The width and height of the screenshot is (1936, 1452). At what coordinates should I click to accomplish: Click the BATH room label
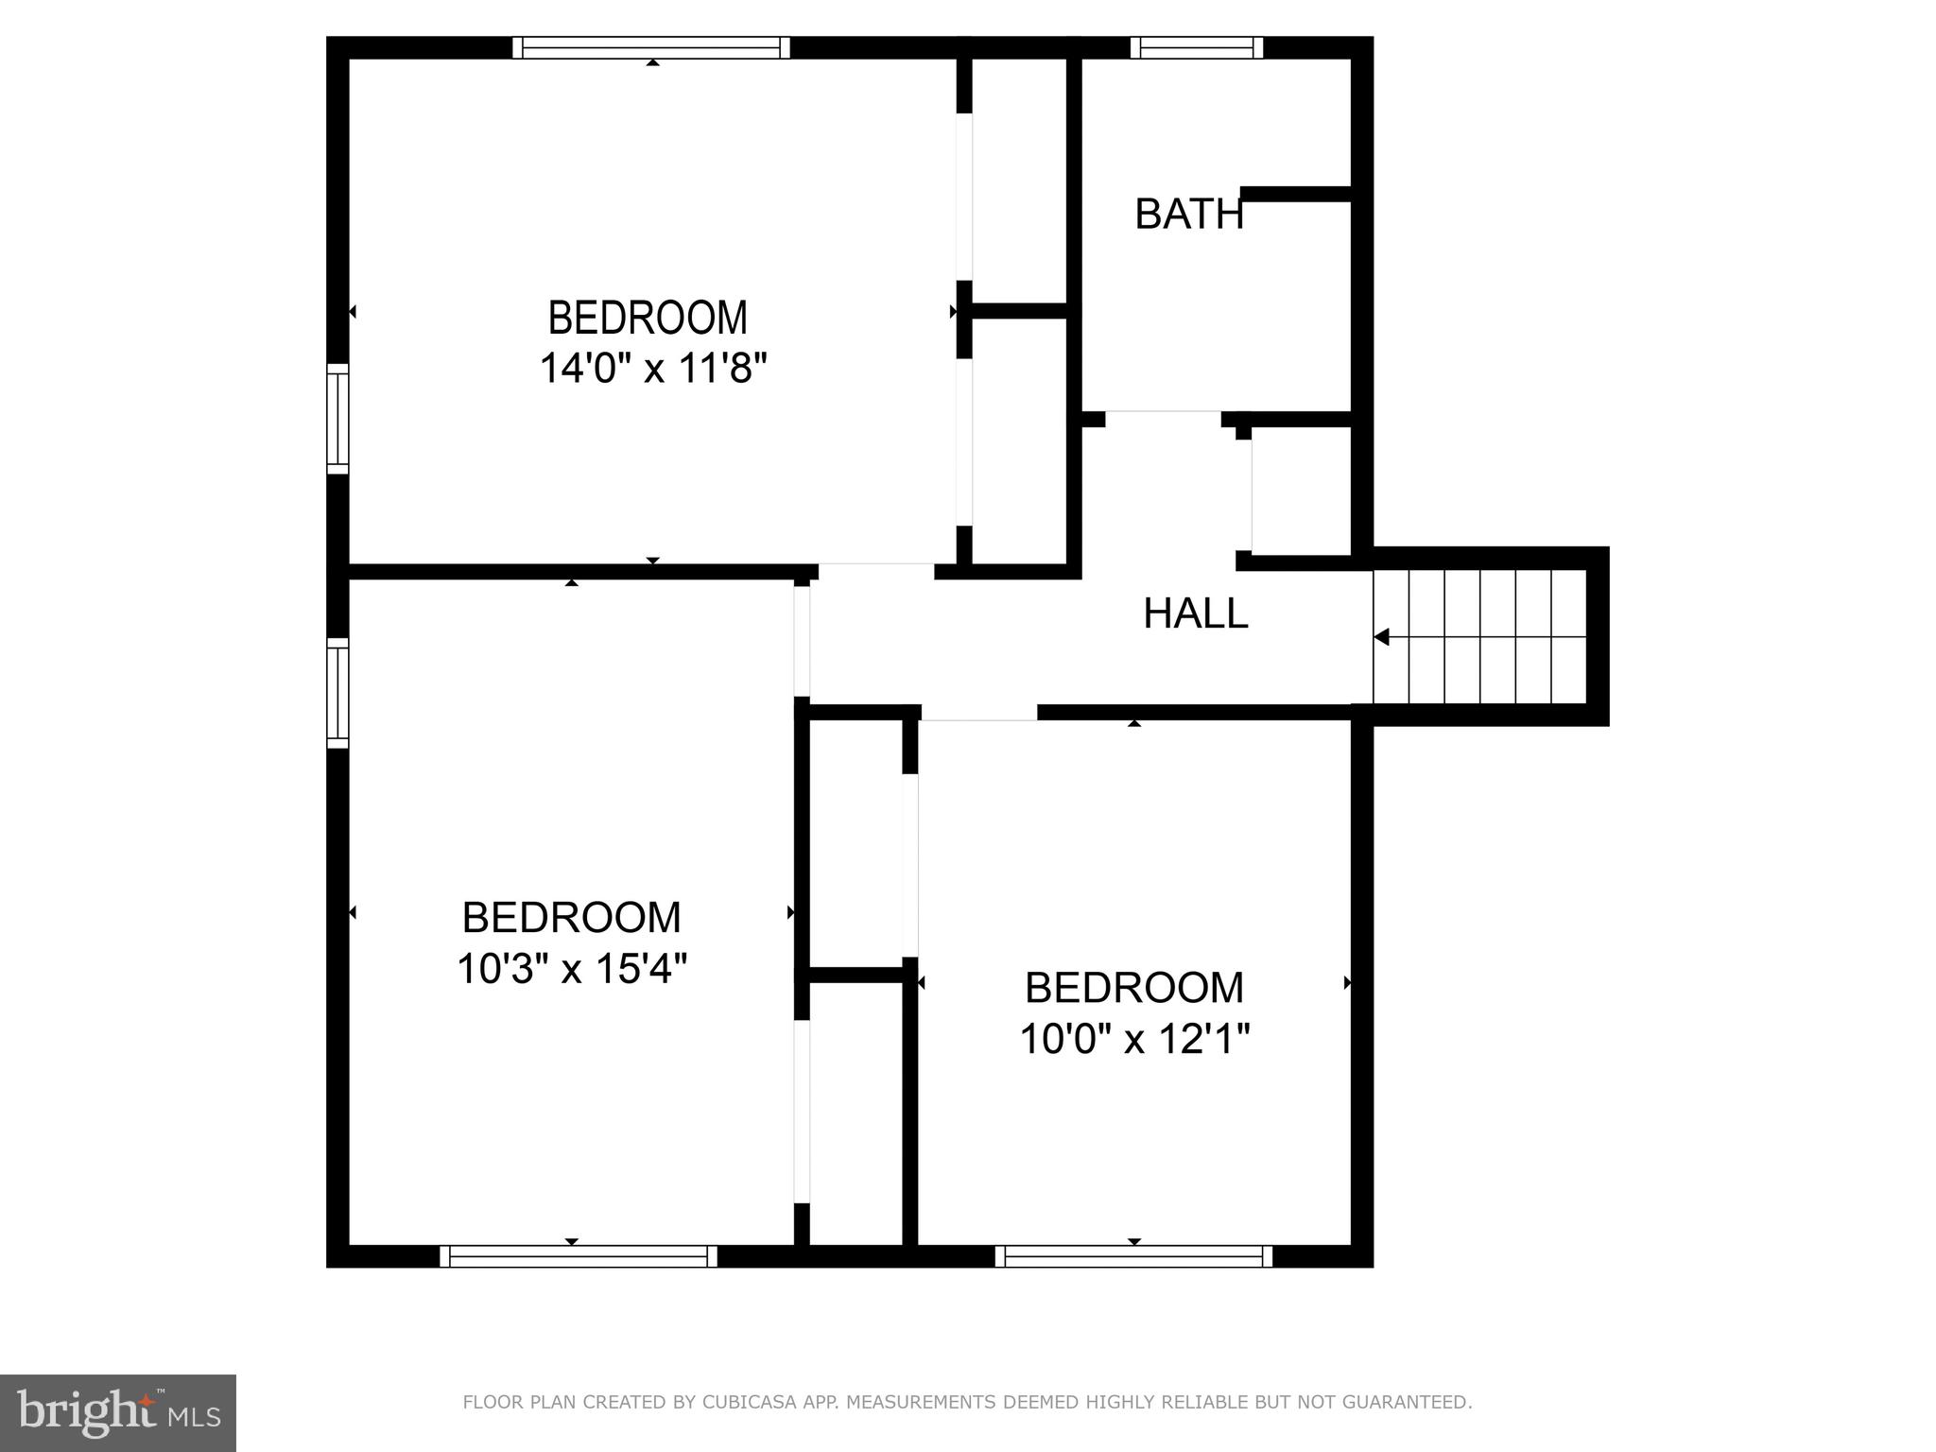pos(1188,215)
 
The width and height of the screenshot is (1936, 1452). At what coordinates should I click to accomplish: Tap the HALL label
pos(1195,614)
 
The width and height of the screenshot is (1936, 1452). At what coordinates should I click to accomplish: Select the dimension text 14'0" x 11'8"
pos(652,368)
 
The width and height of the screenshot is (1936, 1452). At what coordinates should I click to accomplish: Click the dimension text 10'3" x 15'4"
pos(571,968)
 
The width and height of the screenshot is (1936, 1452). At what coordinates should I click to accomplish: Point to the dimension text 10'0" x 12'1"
pos(1134,1040)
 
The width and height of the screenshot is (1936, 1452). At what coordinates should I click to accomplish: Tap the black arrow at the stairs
pos(1382,637)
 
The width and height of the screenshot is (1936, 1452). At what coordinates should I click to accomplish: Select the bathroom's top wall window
pos(1197,47)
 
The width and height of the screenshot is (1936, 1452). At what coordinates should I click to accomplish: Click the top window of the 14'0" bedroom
pos(651,47)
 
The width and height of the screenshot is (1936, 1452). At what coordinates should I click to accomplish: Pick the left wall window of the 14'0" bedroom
pos(337,418)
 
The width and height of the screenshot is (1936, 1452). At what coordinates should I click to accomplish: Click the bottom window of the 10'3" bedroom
pos(579,1255)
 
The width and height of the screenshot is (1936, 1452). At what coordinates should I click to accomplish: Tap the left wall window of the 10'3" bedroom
pos(337,693)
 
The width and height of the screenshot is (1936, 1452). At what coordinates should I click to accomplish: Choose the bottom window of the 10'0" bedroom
pos(1133,1255)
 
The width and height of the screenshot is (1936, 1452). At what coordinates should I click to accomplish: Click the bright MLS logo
pos(118,1412)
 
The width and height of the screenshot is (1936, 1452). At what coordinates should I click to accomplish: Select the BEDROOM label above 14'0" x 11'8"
pos(648,318)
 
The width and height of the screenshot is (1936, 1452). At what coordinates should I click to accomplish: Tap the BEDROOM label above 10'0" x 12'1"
pos(1134,988)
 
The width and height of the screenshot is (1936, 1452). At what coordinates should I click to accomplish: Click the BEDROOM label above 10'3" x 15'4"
pos(571,918)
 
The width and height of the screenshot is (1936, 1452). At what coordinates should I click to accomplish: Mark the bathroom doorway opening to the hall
pos(1163,418)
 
